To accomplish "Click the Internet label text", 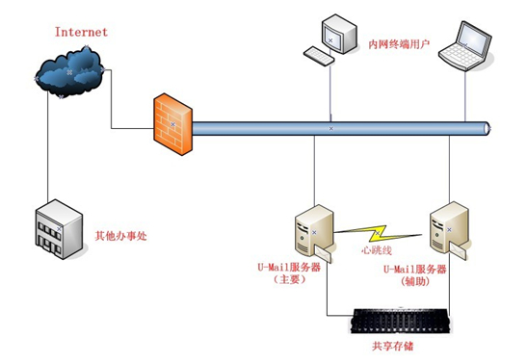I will click(x=82, y=32).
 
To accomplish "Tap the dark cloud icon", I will click(x=69, y=73).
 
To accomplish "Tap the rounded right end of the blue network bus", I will click(x=488, y=126).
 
